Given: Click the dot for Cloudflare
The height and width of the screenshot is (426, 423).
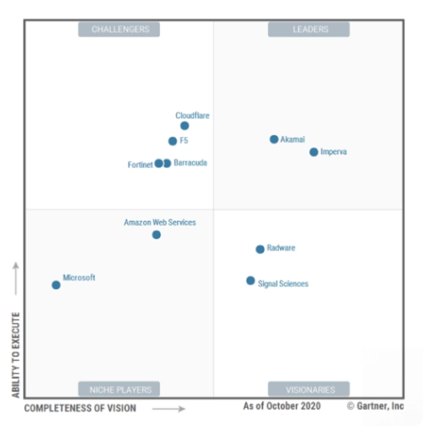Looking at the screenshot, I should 184,126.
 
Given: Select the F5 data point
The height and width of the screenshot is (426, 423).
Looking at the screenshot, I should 173,141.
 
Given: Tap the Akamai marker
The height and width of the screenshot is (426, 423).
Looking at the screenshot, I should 274,139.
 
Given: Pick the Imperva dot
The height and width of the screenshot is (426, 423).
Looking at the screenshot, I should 313,152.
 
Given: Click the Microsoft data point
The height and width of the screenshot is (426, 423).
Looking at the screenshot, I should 56,285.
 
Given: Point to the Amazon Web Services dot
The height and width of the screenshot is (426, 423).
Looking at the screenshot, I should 156,234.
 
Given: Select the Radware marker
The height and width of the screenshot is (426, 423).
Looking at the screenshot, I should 260,249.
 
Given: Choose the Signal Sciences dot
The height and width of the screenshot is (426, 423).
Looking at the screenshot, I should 251,281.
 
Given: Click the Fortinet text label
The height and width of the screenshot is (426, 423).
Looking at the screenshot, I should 140,163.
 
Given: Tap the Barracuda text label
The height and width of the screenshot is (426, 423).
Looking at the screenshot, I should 190,163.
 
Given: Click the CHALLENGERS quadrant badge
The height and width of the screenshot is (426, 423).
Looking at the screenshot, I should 119,29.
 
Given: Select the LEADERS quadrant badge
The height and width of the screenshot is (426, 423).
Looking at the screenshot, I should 309,29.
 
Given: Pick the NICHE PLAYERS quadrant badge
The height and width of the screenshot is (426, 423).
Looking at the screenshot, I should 119,389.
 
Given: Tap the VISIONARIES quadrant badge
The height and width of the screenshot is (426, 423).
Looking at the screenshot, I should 309,389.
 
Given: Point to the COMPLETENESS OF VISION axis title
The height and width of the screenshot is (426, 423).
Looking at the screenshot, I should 80,408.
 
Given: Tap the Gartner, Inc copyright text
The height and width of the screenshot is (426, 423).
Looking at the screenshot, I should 378,405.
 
